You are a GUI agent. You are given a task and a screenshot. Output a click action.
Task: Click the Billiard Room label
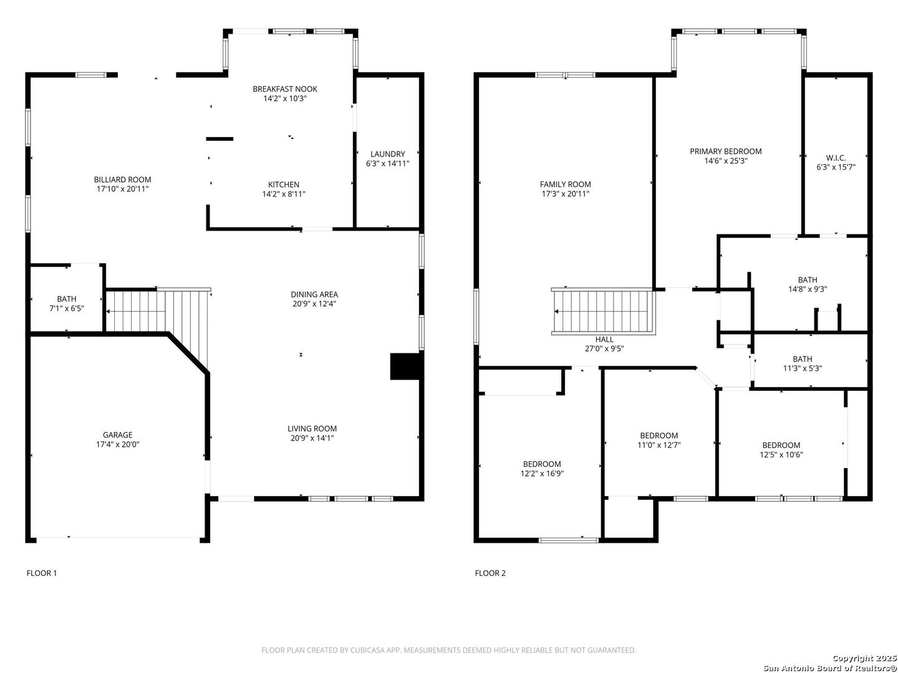pyautogui.click(x=122, y=179)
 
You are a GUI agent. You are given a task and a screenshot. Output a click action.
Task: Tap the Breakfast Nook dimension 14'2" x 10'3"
pyautogui.click(x=284, y=98)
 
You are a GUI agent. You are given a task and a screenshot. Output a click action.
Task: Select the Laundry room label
pyautogui.click(x=387, y=154)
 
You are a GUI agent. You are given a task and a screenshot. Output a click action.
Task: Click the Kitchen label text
pyautogui.click(x=283, y=184)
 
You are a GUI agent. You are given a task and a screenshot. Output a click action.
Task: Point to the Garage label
pyautogui.click(x=117, y=435)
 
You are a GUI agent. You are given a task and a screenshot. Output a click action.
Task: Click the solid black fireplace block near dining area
pyautogui.click(x=406, y=366)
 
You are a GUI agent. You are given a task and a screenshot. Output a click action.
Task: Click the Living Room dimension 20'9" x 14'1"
pyautogui.click(x=312, y=438)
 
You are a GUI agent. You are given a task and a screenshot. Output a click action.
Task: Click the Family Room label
pyautogui.click(x=565, y=184)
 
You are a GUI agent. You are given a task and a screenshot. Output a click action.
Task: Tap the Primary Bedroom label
pyautogui.click(x=725, y=151)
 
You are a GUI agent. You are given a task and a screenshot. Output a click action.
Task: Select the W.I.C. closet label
pyautogui.click(x=835, y=158)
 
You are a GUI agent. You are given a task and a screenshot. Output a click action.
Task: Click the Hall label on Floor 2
pyautogui.click(x=604, y=339)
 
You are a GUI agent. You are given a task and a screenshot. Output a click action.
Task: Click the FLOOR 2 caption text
pyautogui.click(x=490, y=573)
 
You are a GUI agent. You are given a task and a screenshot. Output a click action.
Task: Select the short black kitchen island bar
pyautogui.click(x=220, y=139)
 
